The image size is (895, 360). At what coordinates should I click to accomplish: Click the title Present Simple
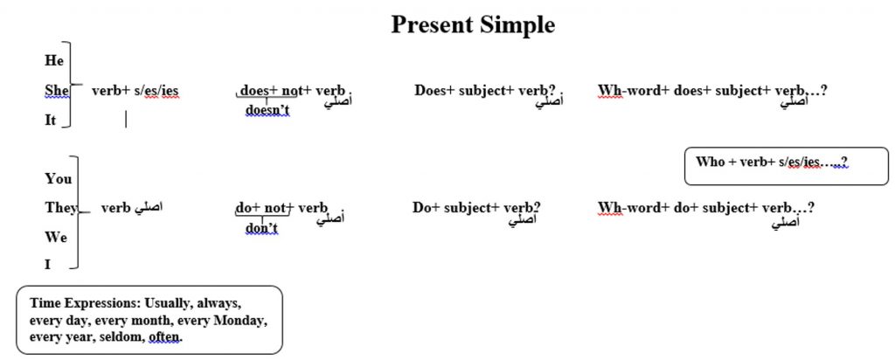(x=472, y=25)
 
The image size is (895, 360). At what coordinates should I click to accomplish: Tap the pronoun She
(x=56, y=90)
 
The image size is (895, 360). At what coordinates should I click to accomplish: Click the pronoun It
(x=51, y=121)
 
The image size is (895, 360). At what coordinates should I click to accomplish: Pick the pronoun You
(x=58, y=178)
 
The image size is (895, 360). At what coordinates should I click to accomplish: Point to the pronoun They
(x=60, y=208)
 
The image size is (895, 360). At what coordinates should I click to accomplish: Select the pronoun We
(x=56, y=237)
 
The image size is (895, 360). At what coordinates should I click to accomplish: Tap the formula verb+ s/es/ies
(x=135, y=90)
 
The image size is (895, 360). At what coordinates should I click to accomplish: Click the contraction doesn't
(x=267, y=110)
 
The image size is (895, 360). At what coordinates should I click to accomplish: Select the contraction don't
(x=260, y=228)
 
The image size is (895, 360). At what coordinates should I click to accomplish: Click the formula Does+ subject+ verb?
(x=486, y=90)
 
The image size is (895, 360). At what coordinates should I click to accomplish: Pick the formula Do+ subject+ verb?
(x=476, y=208)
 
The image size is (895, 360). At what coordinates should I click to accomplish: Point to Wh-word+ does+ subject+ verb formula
(x=712, y=90)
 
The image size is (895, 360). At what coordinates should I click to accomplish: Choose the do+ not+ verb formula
(x=281, y=208)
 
